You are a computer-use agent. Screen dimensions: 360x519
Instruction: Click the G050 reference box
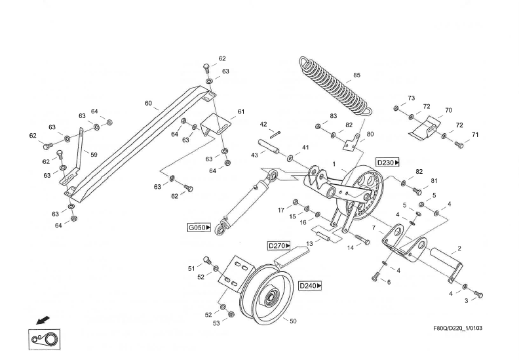click(x=199, y=228)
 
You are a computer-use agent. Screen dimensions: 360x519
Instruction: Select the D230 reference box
click(x=387, y=161)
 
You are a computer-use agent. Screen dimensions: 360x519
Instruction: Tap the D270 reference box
click(x=279, y=245)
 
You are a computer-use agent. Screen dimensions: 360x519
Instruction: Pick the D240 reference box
click(x=310, y=286)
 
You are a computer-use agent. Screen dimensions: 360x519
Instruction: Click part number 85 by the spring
click(x=356, y=75)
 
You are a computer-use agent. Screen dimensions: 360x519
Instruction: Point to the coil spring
click(x=334, y=85)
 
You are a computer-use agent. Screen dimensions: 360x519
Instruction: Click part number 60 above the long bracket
click(x=147, y=104)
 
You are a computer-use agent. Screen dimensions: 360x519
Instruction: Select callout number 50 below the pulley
click(x=293, y=321)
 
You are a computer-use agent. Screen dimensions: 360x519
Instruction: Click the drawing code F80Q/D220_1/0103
click(x=458, y=328)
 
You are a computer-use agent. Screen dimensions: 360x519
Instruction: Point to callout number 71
click(x=475, y=134)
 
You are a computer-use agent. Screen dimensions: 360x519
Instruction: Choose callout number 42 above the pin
click(x=263, y=124)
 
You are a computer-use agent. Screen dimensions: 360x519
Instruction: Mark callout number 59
click(x=94, y=155)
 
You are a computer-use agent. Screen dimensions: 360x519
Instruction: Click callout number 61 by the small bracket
click(x=240, y=112)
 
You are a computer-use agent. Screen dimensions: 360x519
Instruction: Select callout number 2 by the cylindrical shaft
click(x=459, y=249)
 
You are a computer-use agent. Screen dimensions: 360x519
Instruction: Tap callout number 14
click(x=350, y=248)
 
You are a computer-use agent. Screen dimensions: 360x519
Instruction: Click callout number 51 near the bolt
click(x=191, y=268)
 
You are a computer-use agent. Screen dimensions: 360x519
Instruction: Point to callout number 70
click(x=448, y=110)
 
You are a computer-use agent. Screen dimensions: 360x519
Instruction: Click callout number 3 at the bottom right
click(x=466, y=300)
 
